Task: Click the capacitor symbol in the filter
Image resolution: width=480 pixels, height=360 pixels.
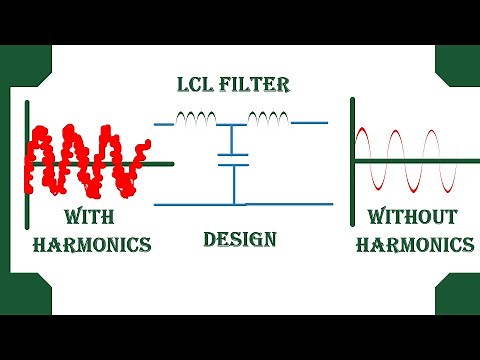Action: click(233, 158)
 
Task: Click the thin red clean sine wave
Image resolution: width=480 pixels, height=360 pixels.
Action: click(408, 160)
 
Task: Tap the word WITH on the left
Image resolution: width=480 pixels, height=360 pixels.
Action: click(92, 217)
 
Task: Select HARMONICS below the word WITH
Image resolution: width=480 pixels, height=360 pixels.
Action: click(92, 244)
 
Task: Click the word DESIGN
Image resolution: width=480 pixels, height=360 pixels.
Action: click(239, 240)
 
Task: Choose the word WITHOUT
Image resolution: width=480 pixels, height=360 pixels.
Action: click(413, 217)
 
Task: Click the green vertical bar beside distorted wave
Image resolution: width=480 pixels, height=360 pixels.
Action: click(28, 160)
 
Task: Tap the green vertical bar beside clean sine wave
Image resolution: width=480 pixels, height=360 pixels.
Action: click(352, 160)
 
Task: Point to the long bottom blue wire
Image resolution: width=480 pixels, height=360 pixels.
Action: click(240, 204)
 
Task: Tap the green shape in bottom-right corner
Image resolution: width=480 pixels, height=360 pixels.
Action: click(459, 297)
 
